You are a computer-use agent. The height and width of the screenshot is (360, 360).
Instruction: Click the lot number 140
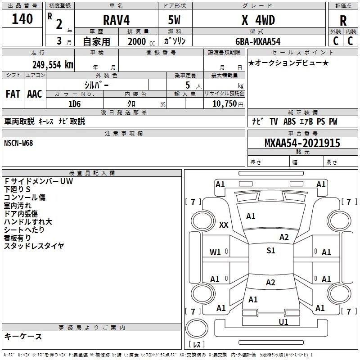[22, 18]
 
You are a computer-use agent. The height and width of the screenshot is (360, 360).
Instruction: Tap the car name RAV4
[116, 20]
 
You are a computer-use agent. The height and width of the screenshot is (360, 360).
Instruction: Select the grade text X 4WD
[258, 20]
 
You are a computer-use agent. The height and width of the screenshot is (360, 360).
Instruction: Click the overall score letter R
[343, 21]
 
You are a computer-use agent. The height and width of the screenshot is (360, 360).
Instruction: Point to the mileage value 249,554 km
[53, 65]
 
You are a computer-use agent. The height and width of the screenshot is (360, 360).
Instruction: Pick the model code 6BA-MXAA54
[258, 41]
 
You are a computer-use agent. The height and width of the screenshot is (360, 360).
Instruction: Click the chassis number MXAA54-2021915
[302, 143]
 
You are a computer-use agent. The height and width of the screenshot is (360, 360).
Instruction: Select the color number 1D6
[75, 104]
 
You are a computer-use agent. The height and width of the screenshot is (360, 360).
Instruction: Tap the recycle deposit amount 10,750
[224, 104]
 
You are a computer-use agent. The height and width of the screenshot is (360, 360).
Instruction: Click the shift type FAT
[13, 94]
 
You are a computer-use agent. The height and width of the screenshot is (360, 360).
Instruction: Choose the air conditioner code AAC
[35, 94]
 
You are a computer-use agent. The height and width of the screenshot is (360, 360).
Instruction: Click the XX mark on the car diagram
[224, 225]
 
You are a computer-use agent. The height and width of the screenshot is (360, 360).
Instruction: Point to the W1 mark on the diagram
[215, 252]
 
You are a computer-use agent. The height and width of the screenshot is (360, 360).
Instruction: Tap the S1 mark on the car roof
[271, 251]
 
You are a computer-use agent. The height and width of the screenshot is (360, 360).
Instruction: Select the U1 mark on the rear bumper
[283, 322]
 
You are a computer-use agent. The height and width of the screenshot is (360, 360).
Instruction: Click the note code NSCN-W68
[18, 143]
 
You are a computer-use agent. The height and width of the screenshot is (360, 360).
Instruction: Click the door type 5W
[174, 20]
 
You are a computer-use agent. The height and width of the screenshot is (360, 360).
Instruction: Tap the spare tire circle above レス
[197, 328]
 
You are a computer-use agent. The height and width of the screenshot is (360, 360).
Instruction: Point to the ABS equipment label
[289, 121]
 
